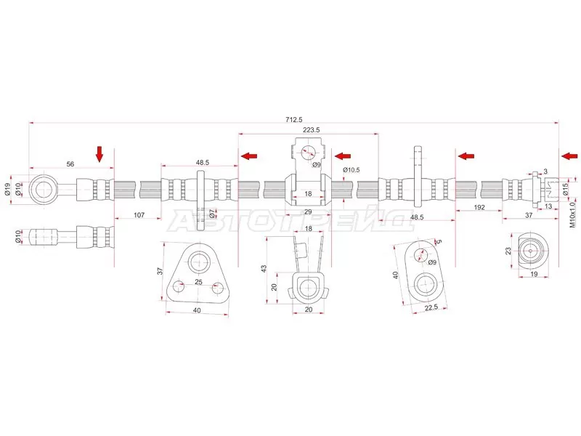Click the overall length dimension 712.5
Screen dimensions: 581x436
294,119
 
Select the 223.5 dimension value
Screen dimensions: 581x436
311,130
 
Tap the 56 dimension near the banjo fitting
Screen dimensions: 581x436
70,164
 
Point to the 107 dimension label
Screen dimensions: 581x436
139,215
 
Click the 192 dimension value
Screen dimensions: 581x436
479,208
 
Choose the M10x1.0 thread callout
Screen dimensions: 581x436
573,214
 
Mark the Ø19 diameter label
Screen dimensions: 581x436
7,190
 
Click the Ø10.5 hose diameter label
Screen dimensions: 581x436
351,170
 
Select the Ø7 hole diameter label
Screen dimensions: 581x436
211,214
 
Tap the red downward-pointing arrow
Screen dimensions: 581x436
99,154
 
